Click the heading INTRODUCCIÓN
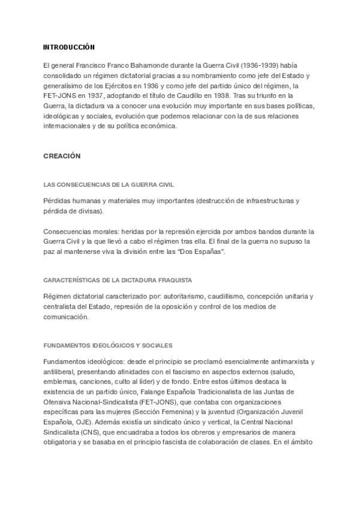click(x=69, y=47)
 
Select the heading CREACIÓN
click(x=62, y=156)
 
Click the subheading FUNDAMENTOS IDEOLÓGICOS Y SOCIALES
click(x=108, y=345)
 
